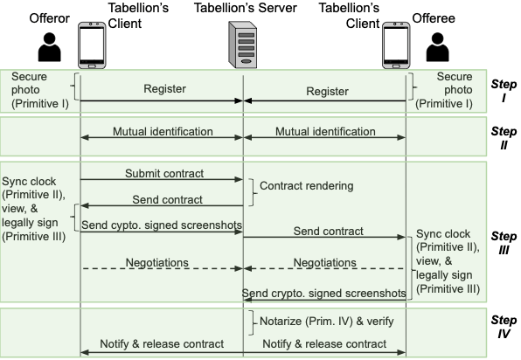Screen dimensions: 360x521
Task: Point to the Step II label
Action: pyautogui.click(x=504, y=136)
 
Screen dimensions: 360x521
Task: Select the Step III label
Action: pyautogui.click(x=504, y=243)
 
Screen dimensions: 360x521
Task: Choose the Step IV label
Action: pyautogui.click(x=504, y=327)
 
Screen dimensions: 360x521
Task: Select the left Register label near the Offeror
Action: pyautogui.click(x=162, y=89)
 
